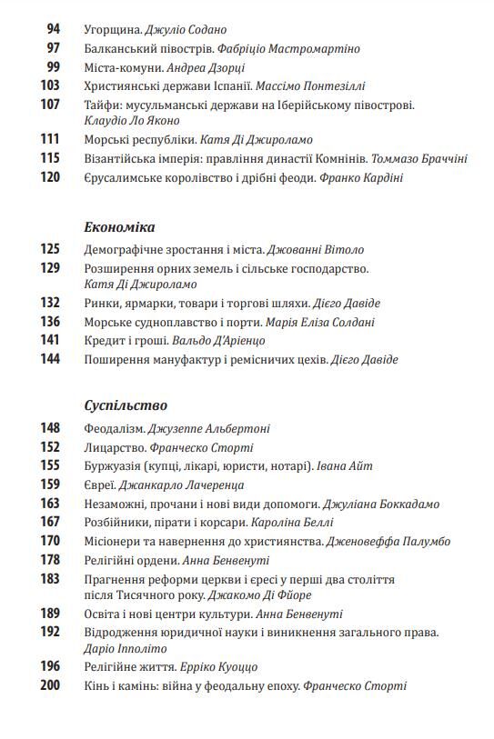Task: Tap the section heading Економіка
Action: point(119,227)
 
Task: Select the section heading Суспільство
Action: point(125,406)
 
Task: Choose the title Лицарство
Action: point(114,447)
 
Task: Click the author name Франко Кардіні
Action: point(361,178)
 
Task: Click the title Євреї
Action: point(98,484)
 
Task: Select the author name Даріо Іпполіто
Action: point(126,650)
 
